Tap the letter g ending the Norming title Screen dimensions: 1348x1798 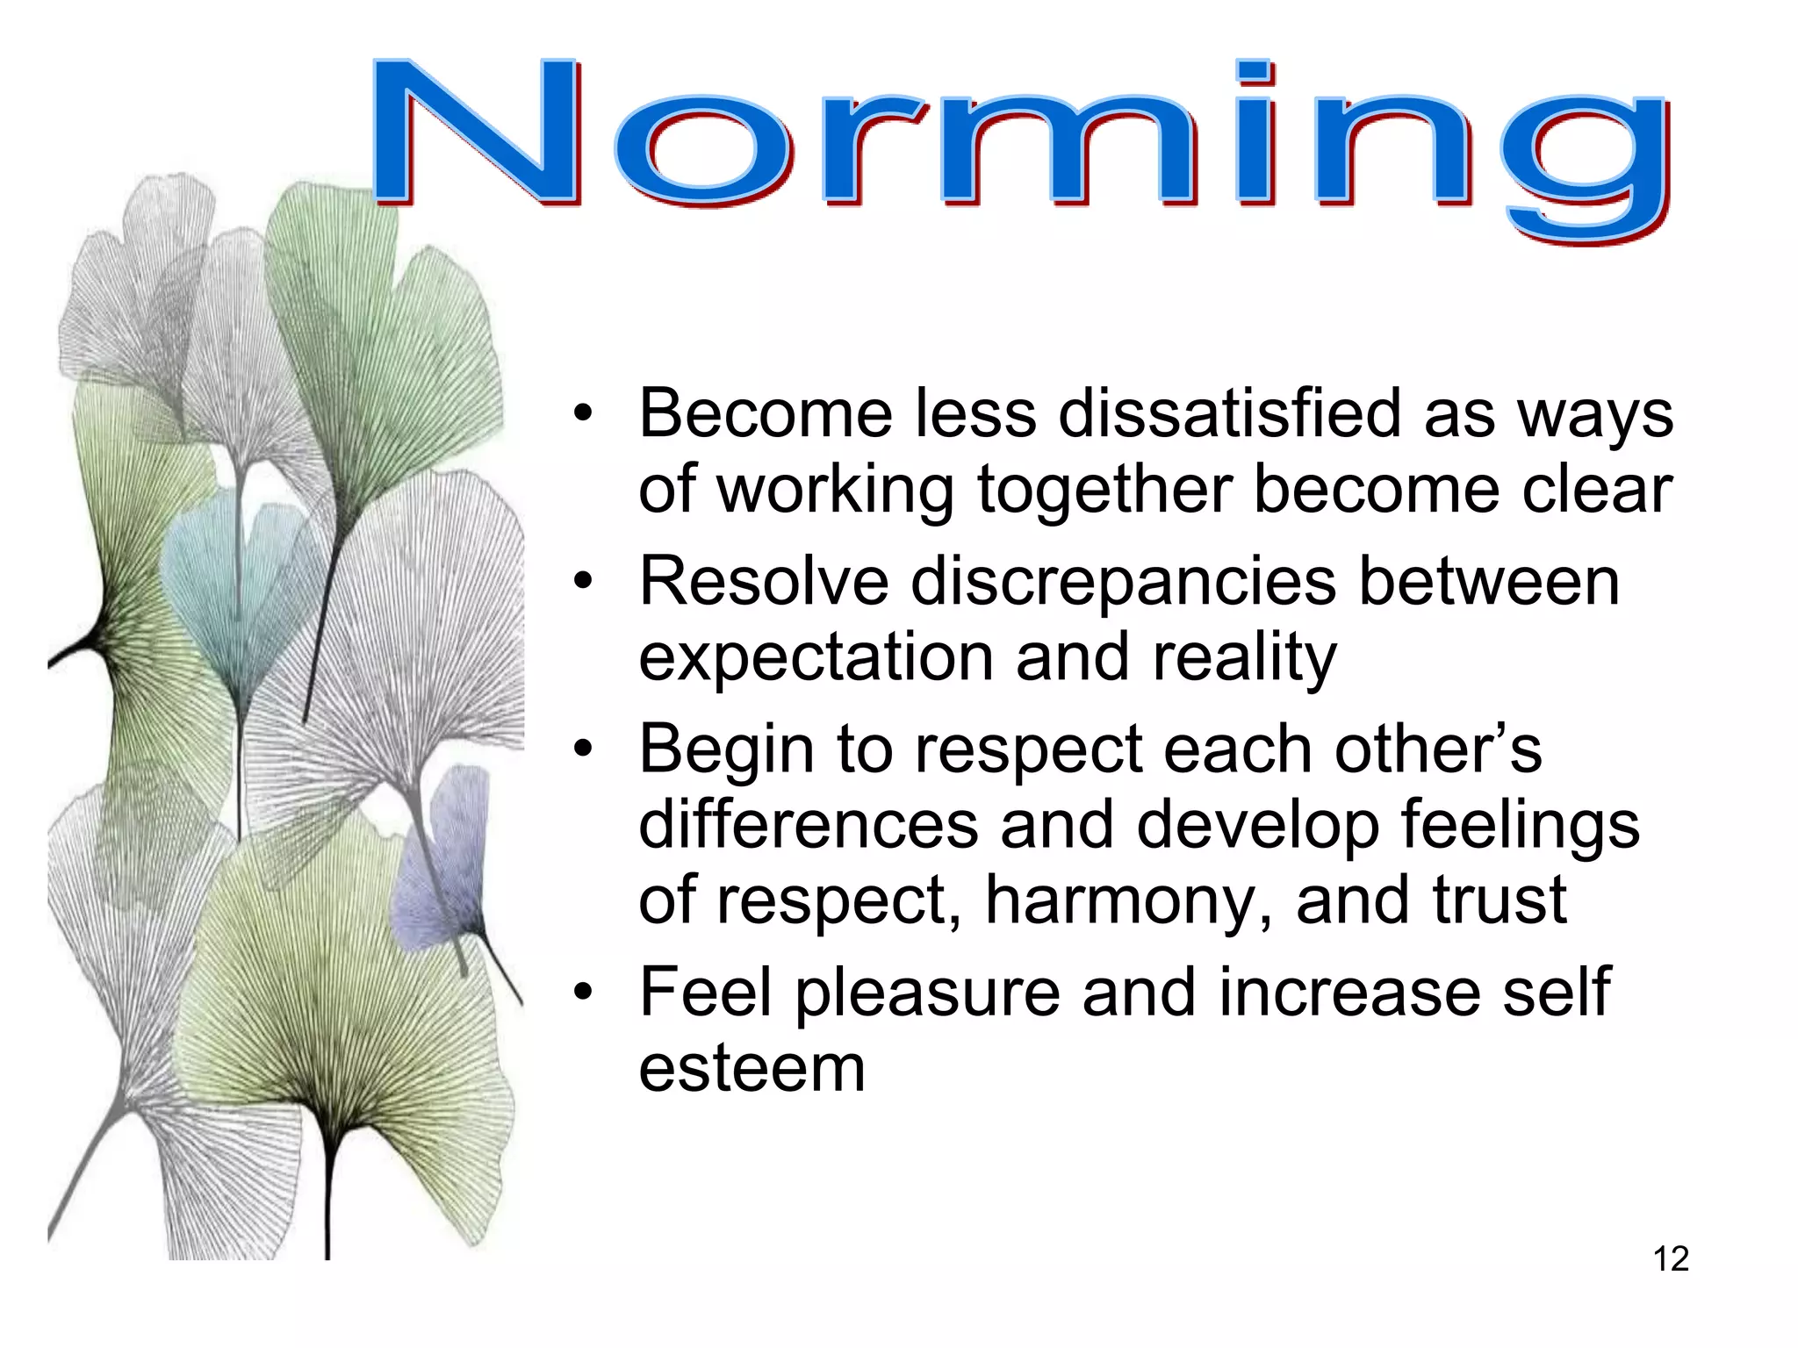1585,162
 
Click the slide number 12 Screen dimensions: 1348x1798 1671,1258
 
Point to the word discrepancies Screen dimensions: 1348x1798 1123,583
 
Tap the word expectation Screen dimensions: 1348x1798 814,658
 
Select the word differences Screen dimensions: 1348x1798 808,825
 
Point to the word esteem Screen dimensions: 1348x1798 752,1068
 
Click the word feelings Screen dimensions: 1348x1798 1519,825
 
